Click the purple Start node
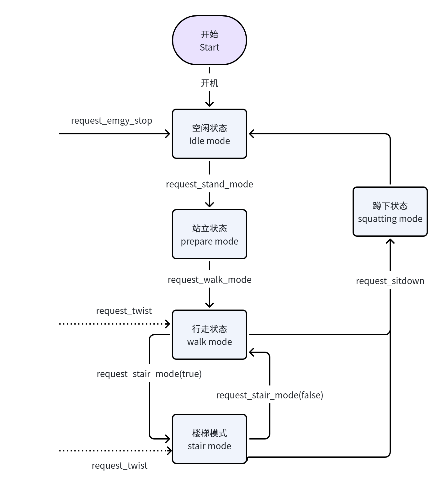coord(210,40)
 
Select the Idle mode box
coord(210,134)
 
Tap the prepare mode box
coord(210,234)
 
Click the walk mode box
coord(210,335)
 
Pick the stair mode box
coord(210,439)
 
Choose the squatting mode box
coord(390,212)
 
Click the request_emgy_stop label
coord(112,121)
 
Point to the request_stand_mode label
coord(210,184)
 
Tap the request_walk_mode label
coord(210,280)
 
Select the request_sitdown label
coord(390,281)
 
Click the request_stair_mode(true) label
coord(149,374)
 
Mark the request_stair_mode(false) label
coord(270,395)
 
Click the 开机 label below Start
coord(210,83)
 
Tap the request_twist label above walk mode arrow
coord(124,311)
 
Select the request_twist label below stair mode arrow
coord(120,466)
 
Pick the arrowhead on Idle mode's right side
coord(252,134)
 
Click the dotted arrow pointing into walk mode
coord(114,324)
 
